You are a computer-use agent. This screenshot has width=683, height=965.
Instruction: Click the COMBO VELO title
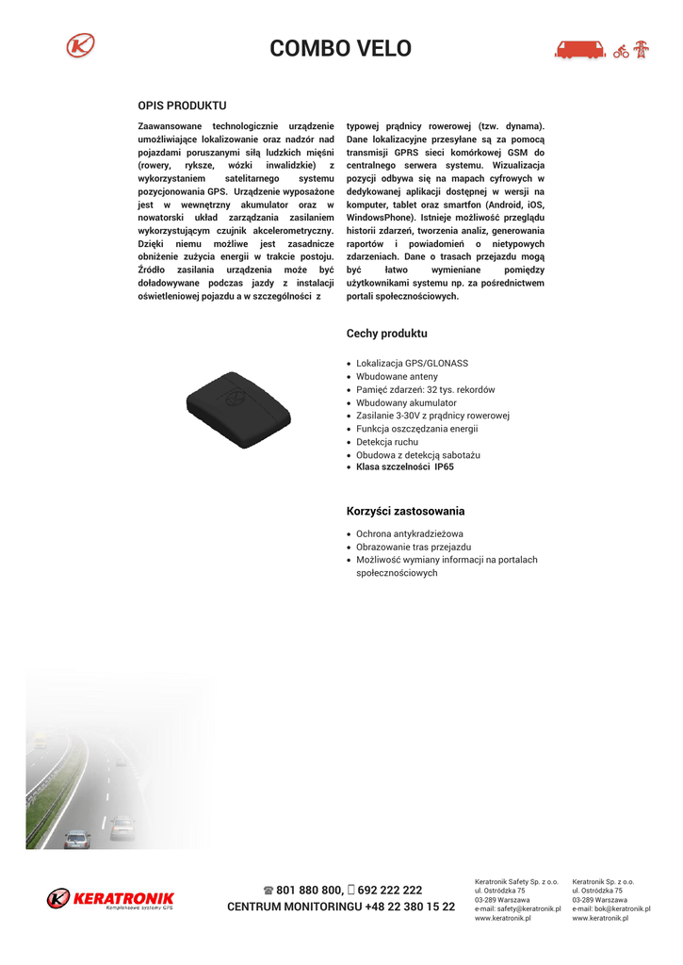pos(340,49)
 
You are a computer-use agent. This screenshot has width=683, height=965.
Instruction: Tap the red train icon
pos(579,50)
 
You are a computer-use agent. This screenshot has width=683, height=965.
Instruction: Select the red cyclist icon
pos(621,52)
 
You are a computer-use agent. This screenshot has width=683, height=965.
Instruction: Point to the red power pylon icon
pos(642,50)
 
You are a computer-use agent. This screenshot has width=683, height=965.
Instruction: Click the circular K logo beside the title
pos(82,45)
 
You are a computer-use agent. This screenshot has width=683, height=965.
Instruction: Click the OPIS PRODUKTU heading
pos(182,106)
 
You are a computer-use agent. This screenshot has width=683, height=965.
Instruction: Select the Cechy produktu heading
pos(386,334)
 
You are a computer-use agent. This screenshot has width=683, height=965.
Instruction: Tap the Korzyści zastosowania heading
pos(405,512)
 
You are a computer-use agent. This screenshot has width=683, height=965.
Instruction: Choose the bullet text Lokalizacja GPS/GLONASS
pos(412,363)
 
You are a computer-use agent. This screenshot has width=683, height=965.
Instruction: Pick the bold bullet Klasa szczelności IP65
pos(404,466)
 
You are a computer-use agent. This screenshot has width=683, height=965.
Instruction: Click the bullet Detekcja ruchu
pos(387,442)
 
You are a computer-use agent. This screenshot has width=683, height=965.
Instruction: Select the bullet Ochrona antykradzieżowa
pos(410,533)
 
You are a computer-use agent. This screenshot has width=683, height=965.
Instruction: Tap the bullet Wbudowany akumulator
pos(406,402)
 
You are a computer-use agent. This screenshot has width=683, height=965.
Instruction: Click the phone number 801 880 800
pos(308,890)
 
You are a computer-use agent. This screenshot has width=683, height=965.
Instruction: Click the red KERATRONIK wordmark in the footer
pos(123,897)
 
